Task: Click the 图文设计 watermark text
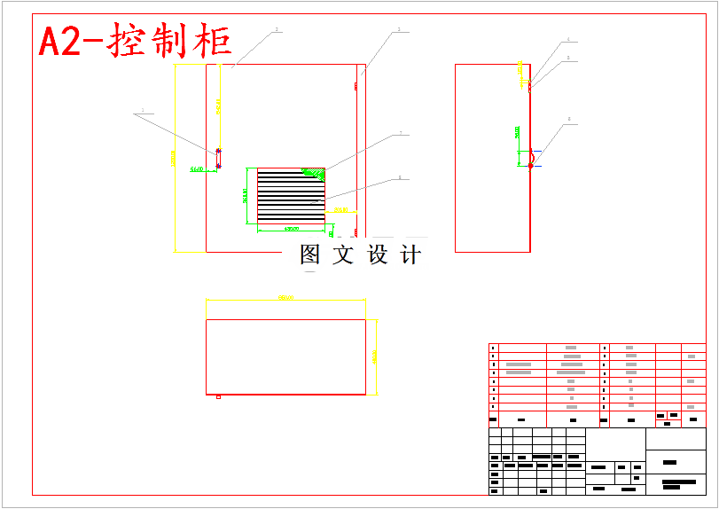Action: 360,254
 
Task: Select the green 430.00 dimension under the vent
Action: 291,229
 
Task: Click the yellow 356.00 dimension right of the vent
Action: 341,210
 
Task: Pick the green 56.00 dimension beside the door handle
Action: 198,168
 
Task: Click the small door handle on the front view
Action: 219,158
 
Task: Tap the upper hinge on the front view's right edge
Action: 356,86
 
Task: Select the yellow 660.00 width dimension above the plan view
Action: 285,299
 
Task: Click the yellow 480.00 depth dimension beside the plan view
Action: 375,356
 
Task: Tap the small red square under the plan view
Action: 218,396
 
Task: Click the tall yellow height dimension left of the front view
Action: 174,158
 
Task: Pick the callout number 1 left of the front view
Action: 142,113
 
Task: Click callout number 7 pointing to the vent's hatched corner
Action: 400,133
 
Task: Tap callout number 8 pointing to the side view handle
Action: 569,119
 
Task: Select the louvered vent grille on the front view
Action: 291,196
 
